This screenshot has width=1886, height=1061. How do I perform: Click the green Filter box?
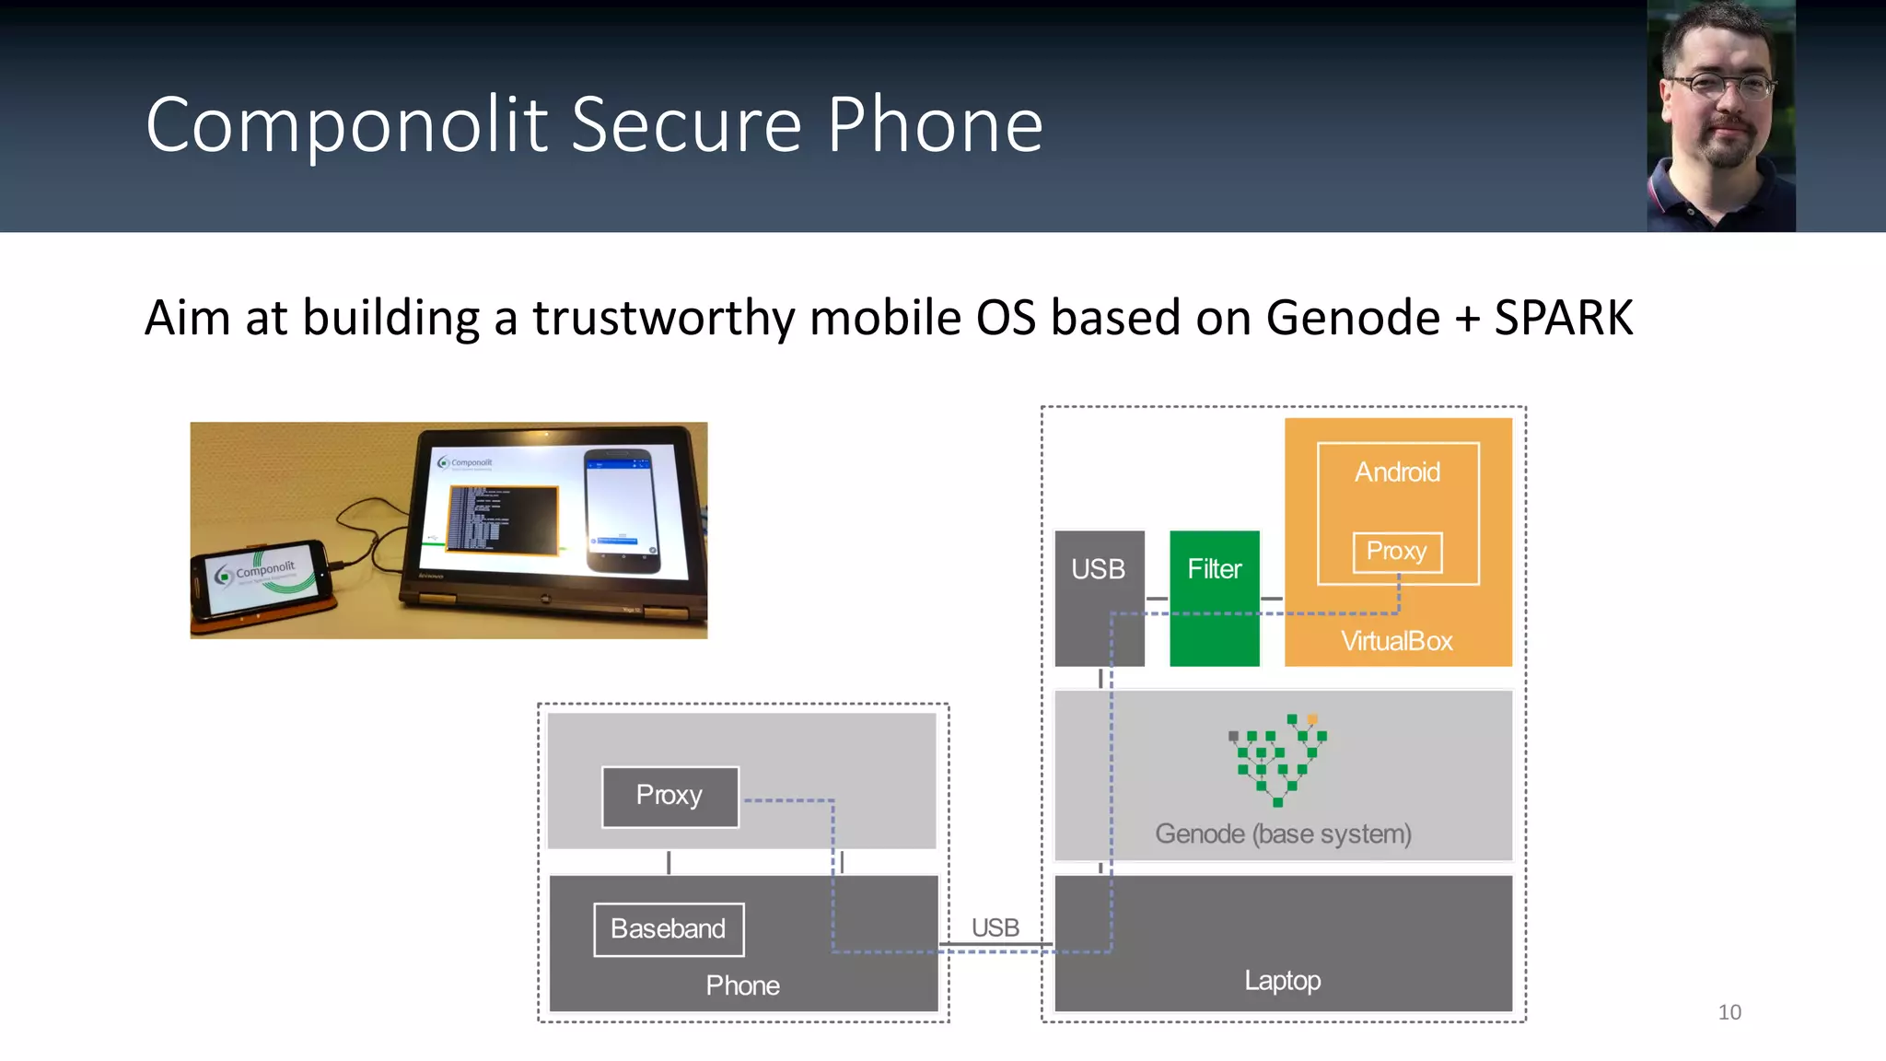pyautogui.click(x=1214, y=598)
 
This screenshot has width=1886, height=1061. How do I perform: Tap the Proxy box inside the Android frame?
pyautogui.click(x=1396, y=552)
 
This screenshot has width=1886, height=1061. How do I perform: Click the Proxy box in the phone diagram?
pyautogui.click(x=669, y=796)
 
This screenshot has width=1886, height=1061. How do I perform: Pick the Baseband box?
pyautogui.click(x=669, y=929)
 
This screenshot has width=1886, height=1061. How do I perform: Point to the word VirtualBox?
pyautogui.click(x=1396, y=641)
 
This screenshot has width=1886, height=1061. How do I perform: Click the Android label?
pyautogui.click(x=1397, y=472)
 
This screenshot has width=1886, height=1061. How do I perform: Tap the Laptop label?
pyautogui.click(x=1282, y=981)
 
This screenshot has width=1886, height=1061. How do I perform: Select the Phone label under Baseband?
pyautogui.click(x=742, y=985)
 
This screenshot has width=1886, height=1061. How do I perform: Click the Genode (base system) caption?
pyautogui.click(x=1282, y=834)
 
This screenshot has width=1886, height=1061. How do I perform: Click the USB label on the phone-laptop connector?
pyautogui.click(x=995, y=927)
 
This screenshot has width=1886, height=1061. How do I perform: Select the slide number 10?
pyautogui.click(x=1729, y=1012)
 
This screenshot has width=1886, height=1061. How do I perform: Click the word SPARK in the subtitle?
pyautogui.click(x=1563, y=319)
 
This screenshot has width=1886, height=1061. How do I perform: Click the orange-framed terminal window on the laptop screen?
pyautogui.click(x=503, y=519)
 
